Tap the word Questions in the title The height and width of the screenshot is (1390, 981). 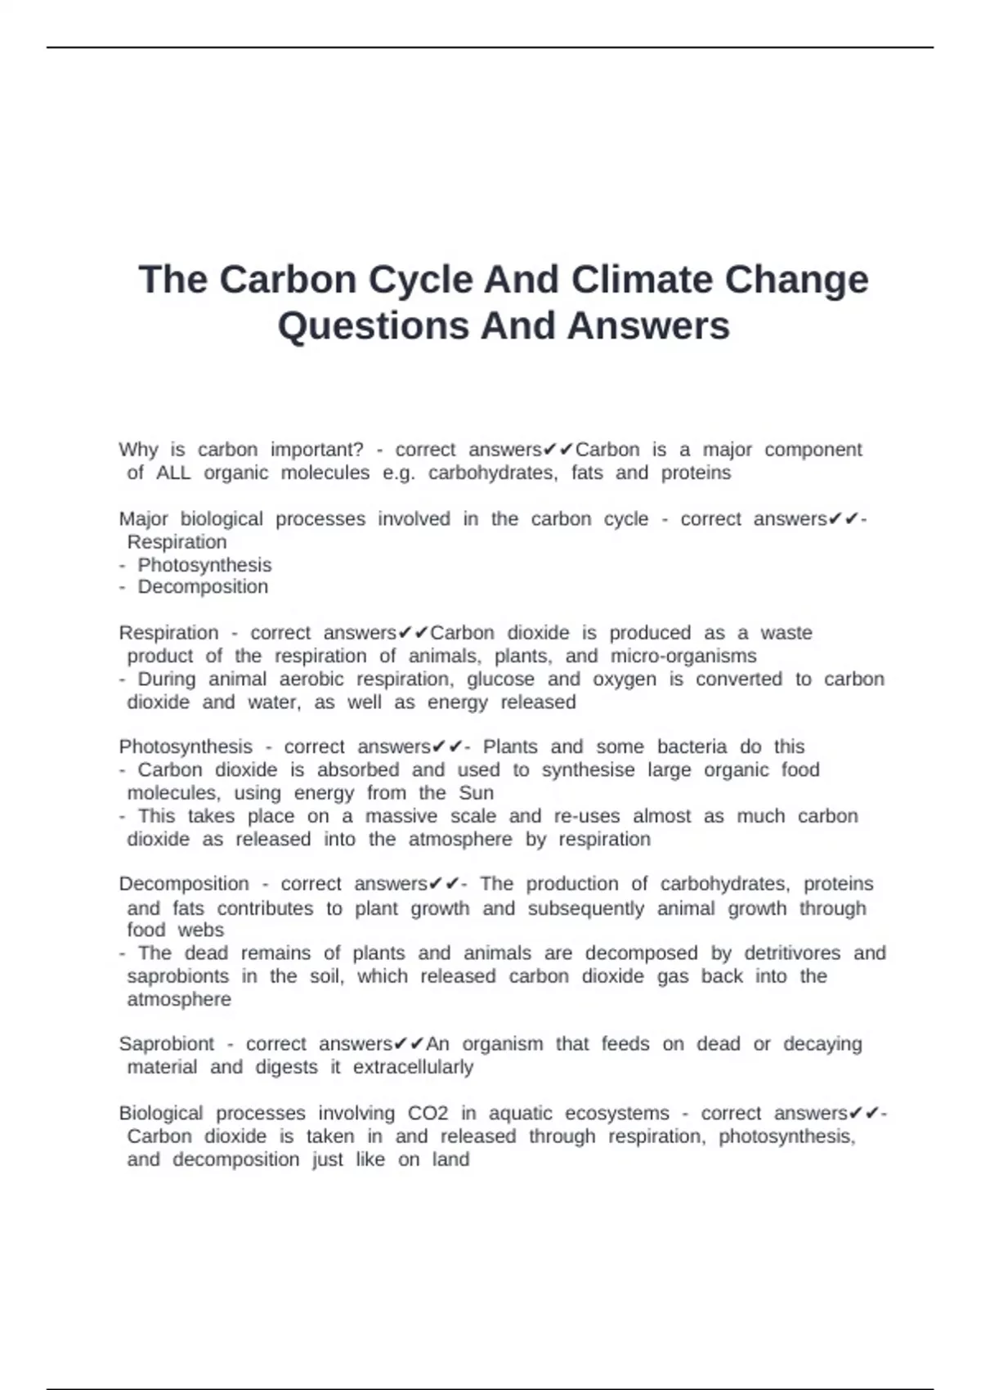373,325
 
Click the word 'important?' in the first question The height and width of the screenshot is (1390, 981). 317,450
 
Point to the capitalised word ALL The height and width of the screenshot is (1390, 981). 173,473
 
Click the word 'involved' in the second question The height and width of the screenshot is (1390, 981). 414,519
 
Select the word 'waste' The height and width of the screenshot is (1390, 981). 786,633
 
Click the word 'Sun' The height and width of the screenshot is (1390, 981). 477,793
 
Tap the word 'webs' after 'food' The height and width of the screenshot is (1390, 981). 201,930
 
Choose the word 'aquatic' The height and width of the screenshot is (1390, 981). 520,1114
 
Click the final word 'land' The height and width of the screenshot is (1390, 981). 450,1159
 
